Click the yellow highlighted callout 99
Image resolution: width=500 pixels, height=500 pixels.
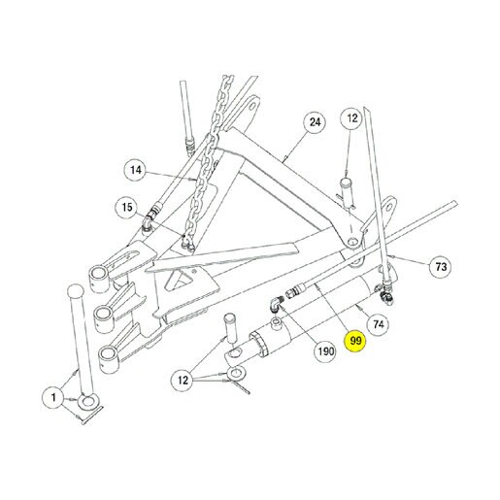[355, 341]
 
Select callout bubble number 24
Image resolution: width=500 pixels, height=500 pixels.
[315, 122]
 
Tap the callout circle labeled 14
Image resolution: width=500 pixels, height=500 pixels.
[136, 170]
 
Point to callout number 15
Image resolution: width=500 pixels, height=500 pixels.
[127, 207]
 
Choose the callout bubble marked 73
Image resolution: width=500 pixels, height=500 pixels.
[441, 267]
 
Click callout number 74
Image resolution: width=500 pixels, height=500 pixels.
[378, 324]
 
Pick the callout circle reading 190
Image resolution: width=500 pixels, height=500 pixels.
[325, 350]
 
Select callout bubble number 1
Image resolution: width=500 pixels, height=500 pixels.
[53, 397]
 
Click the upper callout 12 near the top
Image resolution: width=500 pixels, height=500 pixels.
[351, 118]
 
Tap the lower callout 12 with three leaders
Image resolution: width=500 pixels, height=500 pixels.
[183, 380]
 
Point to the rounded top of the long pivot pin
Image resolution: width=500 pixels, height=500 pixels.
[75, 290]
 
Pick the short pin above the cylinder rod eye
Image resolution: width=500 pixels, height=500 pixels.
[231, 327]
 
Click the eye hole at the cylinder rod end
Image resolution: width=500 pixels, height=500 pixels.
[234, 352]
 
